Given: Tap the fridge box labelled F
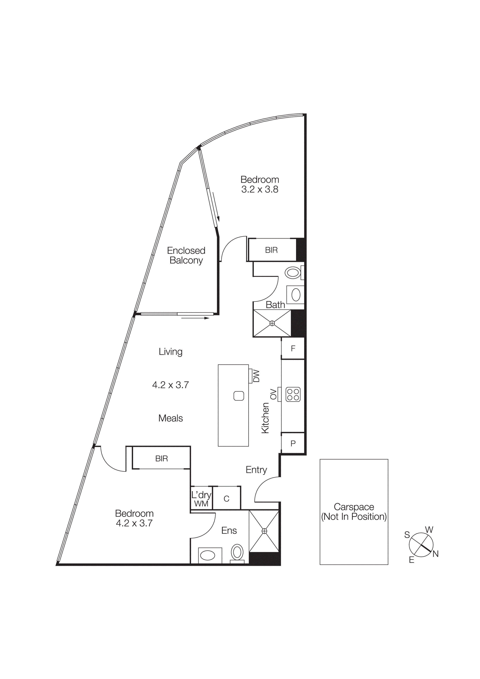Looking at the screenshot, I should click(293, 349).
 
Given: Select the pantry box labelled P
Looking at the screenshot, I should click(293, 443).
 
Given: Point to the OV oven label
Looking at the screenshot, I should click(273, 394).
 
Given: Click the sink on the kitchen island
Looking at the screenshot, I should click(239, 396).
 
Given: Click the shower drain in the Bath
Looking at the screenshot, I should click(272, 323).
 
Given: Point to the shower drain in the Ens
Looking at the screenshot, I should click(264, 531).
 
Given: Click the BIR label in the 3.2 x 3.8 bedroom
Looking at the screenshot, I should click(271, 250).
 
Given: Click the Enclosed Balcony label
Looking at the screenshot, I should click(186, 255).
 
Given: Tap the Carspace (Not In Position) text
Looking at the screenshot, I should click(354, 512).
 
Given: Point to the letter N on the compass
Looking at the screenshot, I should click(435, 554).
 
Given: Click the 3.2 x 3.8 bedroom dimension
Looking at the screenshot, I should click(260, 189).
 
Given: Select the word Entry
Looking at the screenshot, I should click(256, 470).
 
